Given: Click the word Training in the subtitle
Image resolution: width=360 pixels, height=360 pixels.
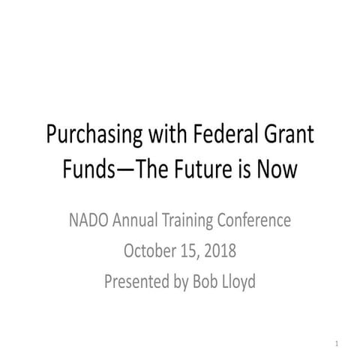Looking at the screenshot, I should (x=192, y=220).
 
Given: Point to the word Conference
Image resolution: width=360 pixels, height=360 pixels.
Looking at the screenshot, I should (x=255, y=220).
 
